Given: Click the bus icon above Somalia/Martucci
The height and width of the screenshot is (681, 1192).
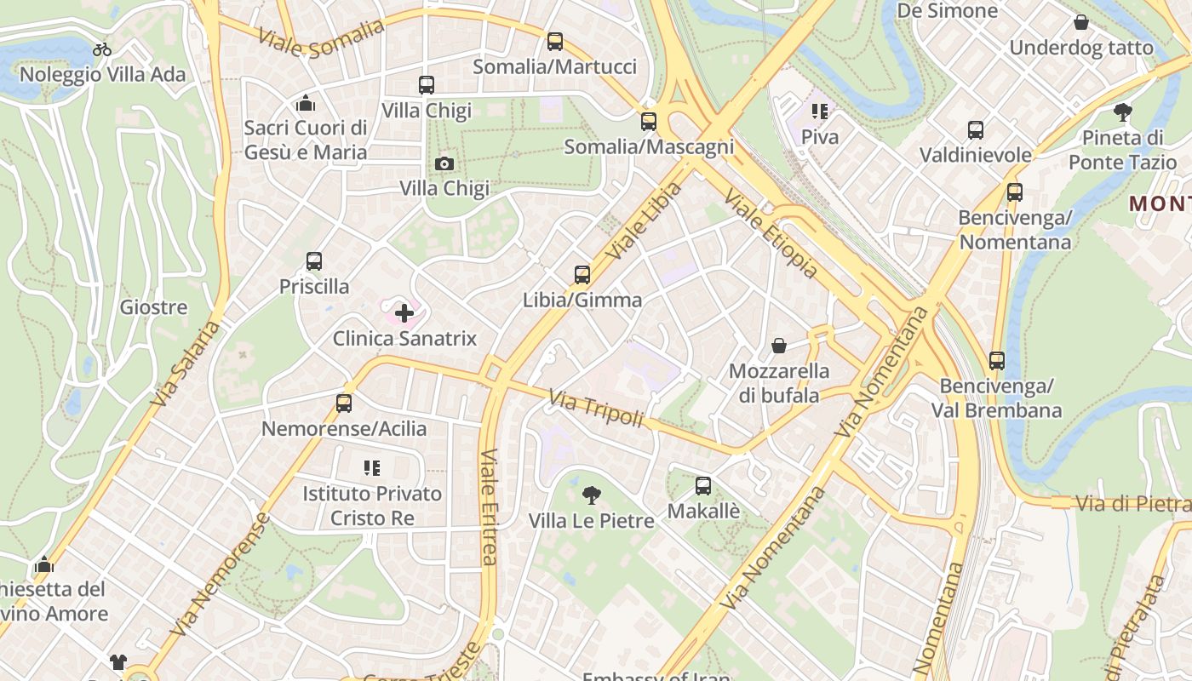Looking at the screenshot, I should (555, 41).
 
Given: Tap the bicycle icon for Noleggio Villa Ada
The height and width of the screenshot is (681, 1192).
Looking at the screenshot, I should (102, 49).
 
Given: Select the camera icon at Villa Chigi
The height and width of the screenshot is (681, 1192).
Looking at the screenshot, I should (444, 163).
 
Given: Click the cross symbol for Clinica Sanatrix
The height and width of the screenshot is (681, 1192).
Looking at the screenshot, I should (404, 313).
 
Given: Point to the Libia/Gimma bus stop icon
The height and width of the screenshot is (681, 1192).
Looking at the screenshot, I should (582, 275).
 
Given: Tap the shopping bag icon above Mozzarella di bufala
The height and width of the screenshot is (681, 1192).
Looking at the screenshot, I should (778, 346).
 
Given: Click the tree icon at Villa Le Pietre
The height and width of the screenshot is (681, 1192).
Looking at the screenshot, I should (591, 495).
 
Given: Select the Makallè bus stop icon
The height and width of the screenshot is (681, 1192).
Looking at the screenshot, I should (703, 486).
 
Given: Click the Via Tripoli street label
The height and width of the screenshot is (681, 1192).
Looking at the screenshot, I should (595, 409).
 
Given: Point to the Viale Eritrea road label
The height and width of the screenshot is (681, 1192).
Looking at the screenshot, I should (489, 506).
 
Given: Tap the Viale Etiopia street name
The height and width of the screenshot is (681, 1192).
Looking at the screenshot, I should (770, 234).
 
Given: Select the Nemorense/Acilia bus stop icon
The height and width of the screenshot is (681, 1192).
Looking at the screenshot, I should (344, 403).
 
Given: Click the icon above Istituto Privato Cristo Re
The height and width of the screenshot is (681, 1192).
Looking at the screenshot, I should (371, 467).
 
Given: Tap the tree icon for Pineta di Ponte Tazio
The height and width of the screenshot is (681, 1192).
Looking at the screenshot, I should (1123, 112).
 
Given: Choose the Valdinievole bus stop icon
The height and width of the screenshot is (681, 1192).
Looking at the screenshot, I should (976, 130).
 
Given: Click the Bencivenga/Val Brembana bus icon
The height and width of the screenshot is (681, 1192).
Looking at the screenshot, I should (997, 361).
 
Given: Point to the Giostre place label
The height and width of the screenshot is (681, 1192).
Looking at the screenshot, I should (153, 307).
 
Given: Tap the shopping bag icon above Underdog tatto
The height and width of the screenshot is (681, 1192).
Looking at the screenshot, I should (1081, 22).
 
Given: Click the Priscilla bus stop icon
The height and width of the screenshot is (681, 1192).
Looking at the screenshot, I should (314, 261).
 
